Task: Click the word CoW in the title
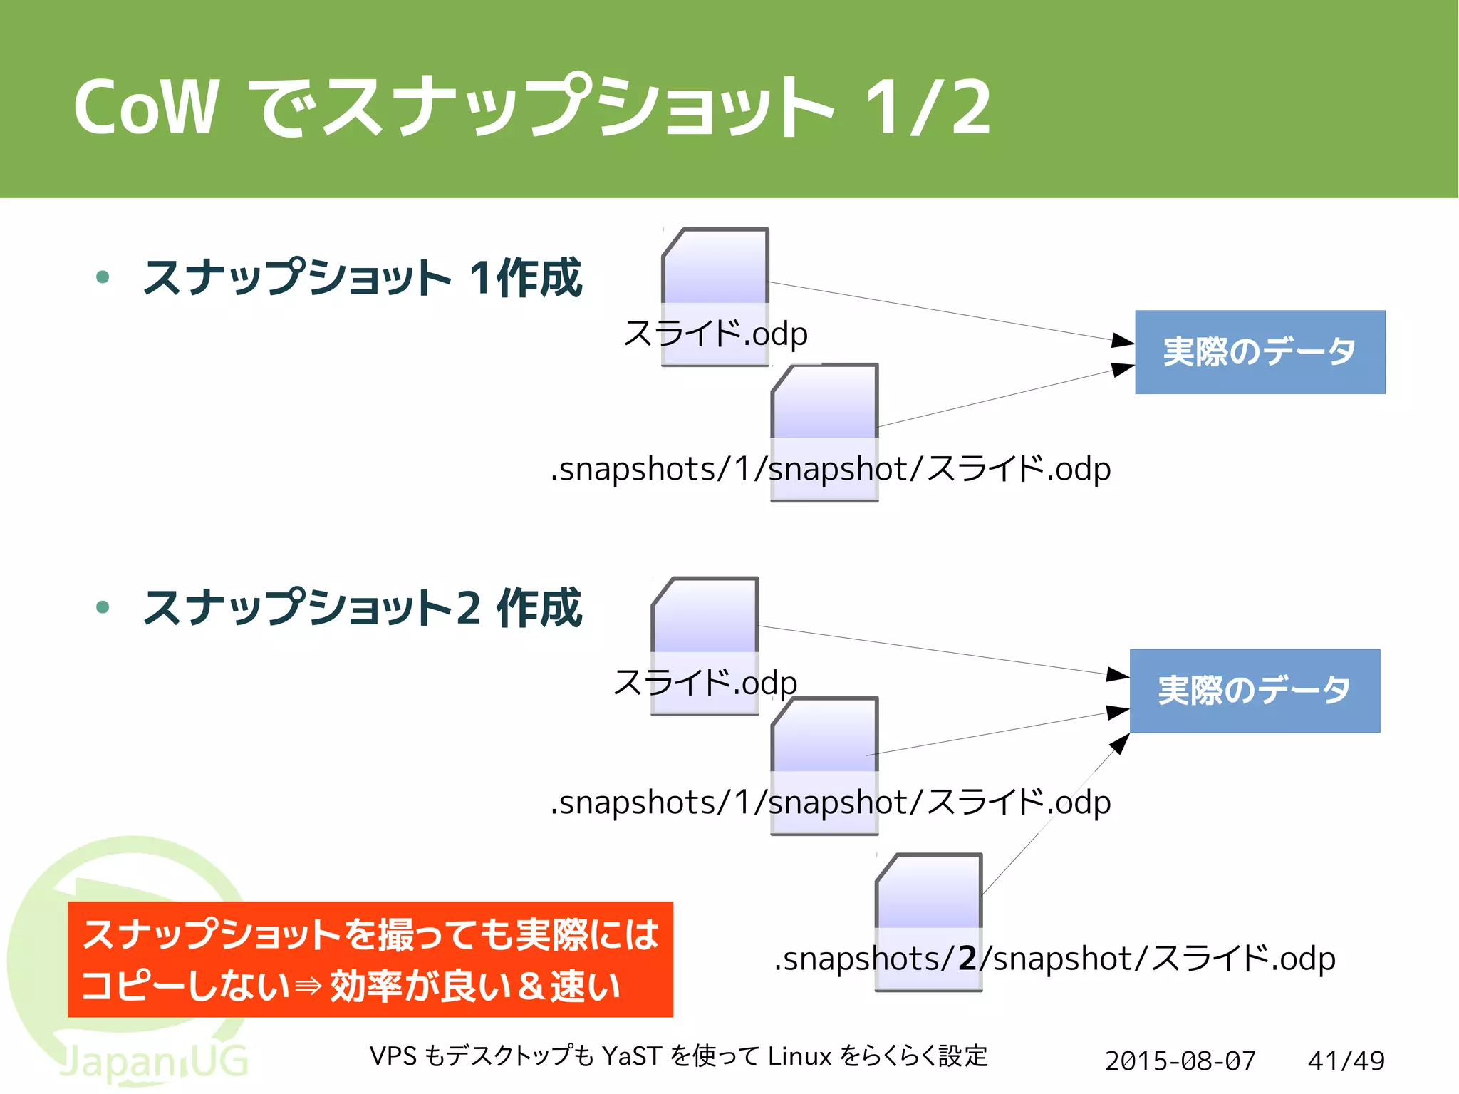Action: tap(146, 107)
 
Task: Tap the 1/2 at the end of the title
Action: tap(928, 107)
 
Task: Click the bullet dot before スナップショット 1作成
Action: tap(103, 277)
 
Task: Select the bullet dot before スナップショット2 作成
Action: tap(103, 607)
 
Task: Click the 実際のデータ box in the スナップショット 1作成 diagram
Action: tap(1260, 352)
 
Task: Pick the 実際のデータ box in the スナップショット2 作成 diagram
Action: tap(1255, 691)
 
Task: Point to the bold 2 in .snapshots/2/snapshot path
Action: tap(967, 959)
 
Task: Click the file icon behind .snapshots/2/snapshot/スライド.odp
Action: tap(928, 898)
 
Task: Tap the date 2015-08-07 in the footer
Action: tap(1180, 1061)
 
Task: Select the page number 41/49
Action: tap(1346, 1061)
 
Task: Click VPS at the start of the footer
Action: tap(393, 1056)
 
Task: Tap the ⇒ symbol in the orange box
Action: tap(309, 987)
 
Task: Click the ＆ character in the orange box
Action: tap(530, 987)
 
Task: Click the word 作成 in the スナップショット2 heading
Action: tap(539, 608)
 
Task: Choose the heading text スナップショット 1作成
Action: tap(363, 277)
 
